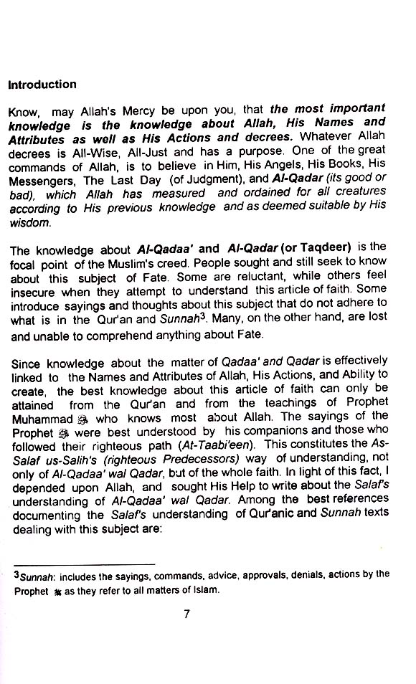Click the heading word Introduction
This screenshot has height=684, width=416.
pyautogui.click(x=42, y=85)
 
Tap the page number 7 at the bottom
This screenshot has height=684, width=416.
pyautogui.click(x=186, y=614)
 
